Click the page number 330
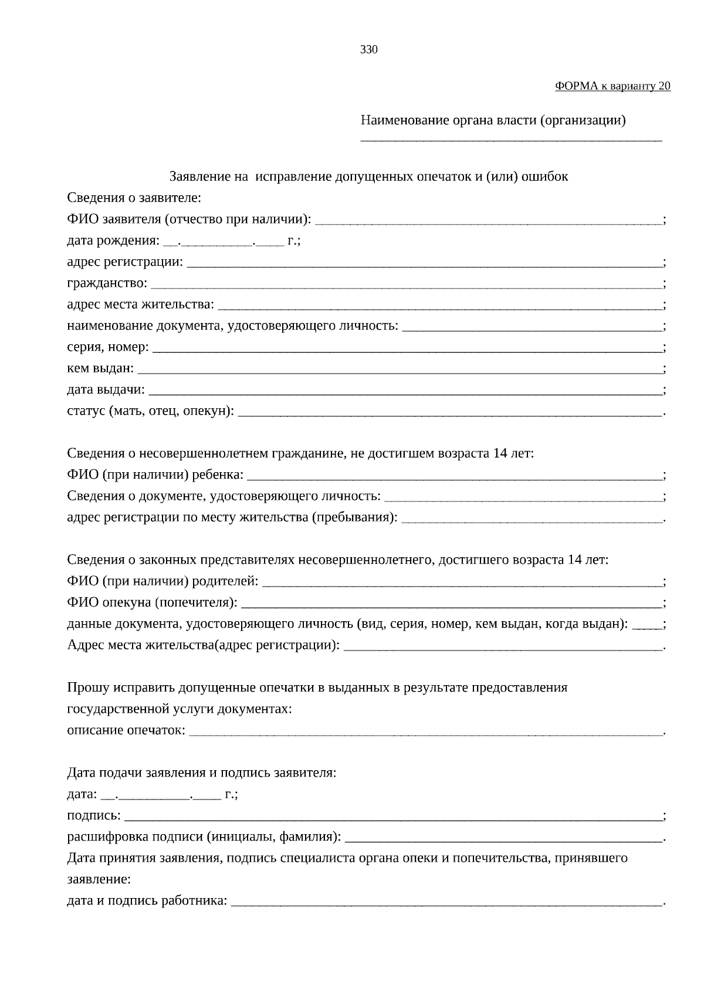(x=368, y=50)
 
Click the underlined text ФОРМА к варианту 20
(x=612, y=86)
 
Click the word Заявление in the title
(x=200, y=177)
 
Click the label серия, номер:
(x=107, y=347)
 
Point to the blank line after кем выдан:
(x=399, y=370)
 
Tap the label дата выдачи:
(x=106, y=390)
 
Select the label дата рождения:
(x=113, y=241)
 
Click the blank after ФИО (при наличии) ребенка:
(x=455, y=476)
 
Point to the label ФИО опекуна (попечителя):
(x=152, y=603)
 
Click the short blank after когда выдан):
(x=647, y=625)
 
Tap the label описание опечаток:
(x=126, y=731)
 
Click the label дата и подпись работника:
(x=147, y=901)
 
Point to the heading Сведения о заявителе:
(x=134, y=198)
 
